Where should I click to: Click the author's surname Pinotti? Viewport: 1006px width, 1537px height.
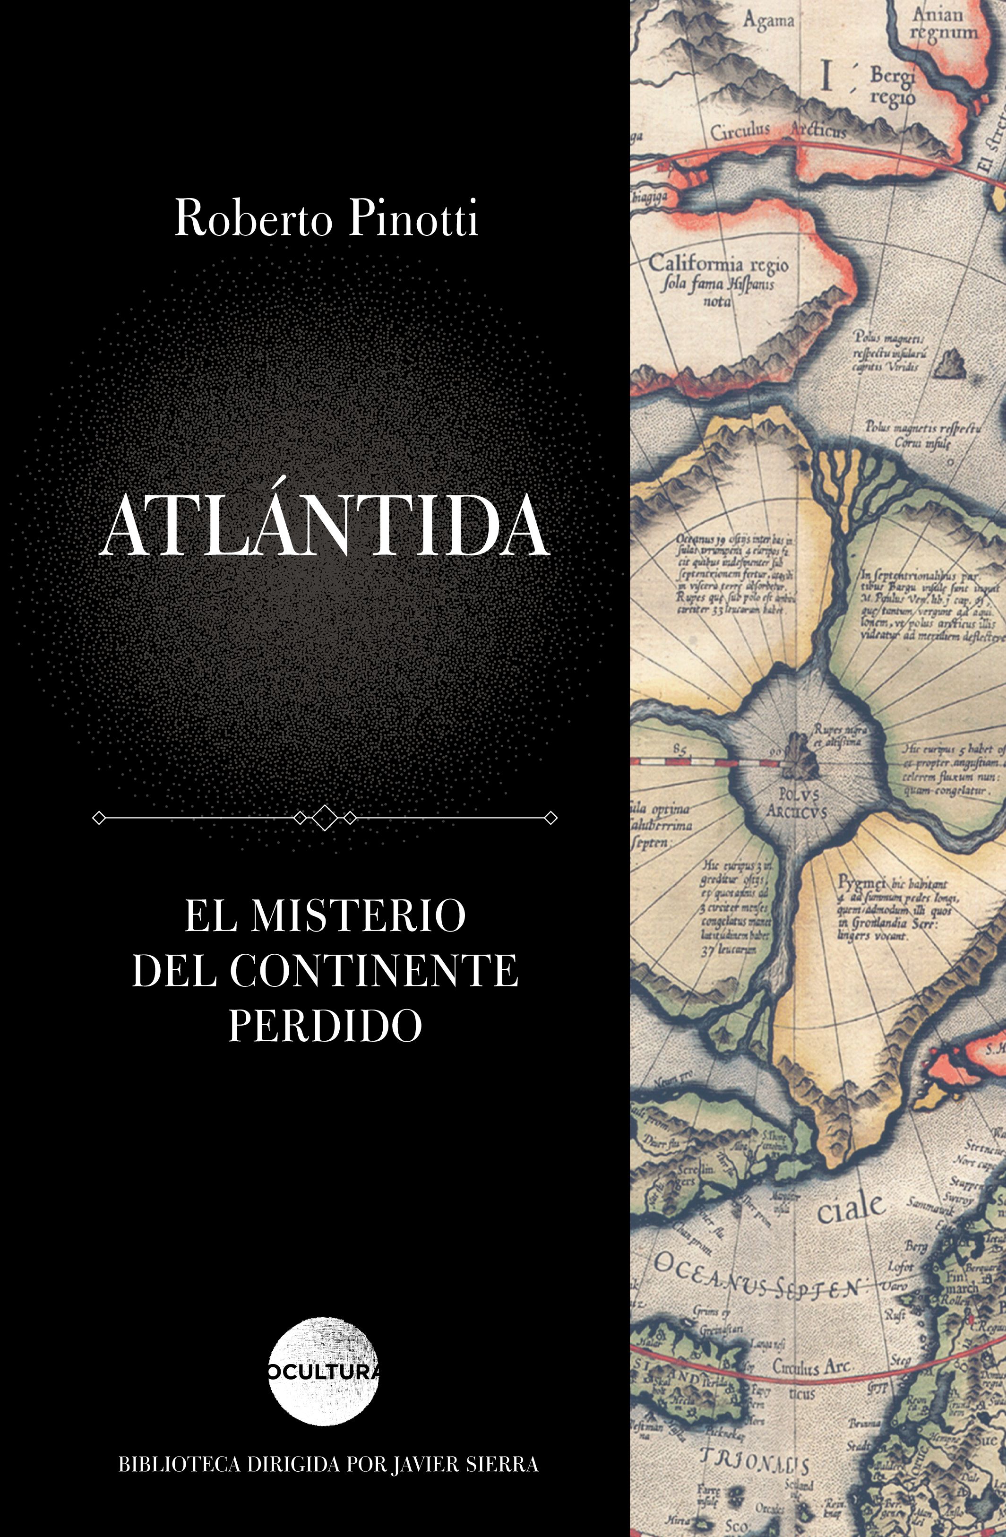[x=413, y=219]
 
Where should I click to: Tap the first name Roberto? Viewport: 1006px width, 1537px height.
[x=253, y=219]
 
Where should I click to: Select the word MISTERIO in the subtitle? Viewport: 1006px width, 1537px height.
[x=358, y=916]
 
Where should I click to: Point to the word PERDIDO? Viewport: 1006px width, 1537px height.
[x=325, y=1024]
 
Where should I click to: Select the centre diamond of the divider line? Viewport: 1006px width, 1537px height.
[x=325, y=818]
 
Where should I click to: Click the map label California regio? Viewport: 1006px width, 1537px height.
[x=718, y=264]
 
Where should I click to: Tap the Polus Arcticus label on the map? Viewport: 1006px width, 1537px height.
[x=796, y=802]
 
